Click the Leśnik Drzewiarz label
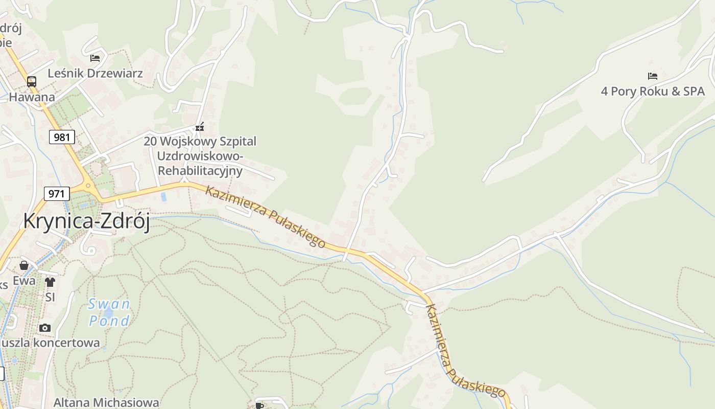[95, 73]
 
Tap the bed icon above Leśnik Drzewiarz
[95, 58]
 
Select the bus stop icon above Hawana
[32, 81]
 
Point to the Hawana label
[32, 97]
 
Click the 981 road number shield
[62, 137]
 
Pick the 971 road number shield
[57, 194]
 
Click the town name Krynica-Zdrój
[86, 221]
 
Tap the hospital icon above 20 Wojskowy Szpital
[200, 127]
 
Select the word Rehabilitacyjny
[200, 170]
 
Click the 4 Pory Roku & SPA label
[652, 92]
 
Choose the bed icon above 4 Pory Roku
[652, 76]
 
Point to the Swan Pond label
[109, 312]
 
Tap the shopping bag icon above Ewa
[24, 265]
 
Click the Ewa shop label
[24, 281]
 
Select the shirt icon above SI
[50, 282]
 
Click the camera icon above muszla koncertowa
[45, 328]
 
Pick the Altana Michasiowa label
[106, 402]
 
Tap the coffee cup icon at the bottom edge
[259, 405]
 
